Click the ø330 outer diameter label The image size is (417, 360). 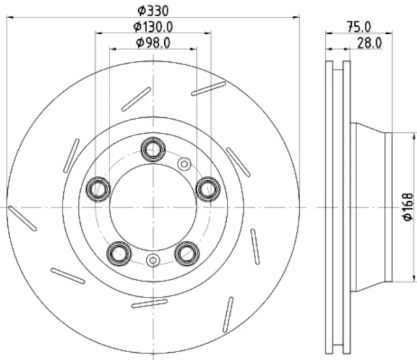coord(152,10)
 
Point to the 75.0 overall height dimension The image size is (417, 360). coord(358,27)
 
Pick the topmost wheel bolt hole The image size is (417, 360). coord(152,148)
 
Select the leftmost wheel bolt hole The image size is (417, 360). coord(99,188)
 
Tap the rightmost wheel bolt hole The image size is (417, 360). coord(207,188)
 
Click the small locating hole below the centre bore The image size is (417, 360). coord(152,260)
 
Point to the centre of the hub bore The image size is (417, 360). coord(152,206)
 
